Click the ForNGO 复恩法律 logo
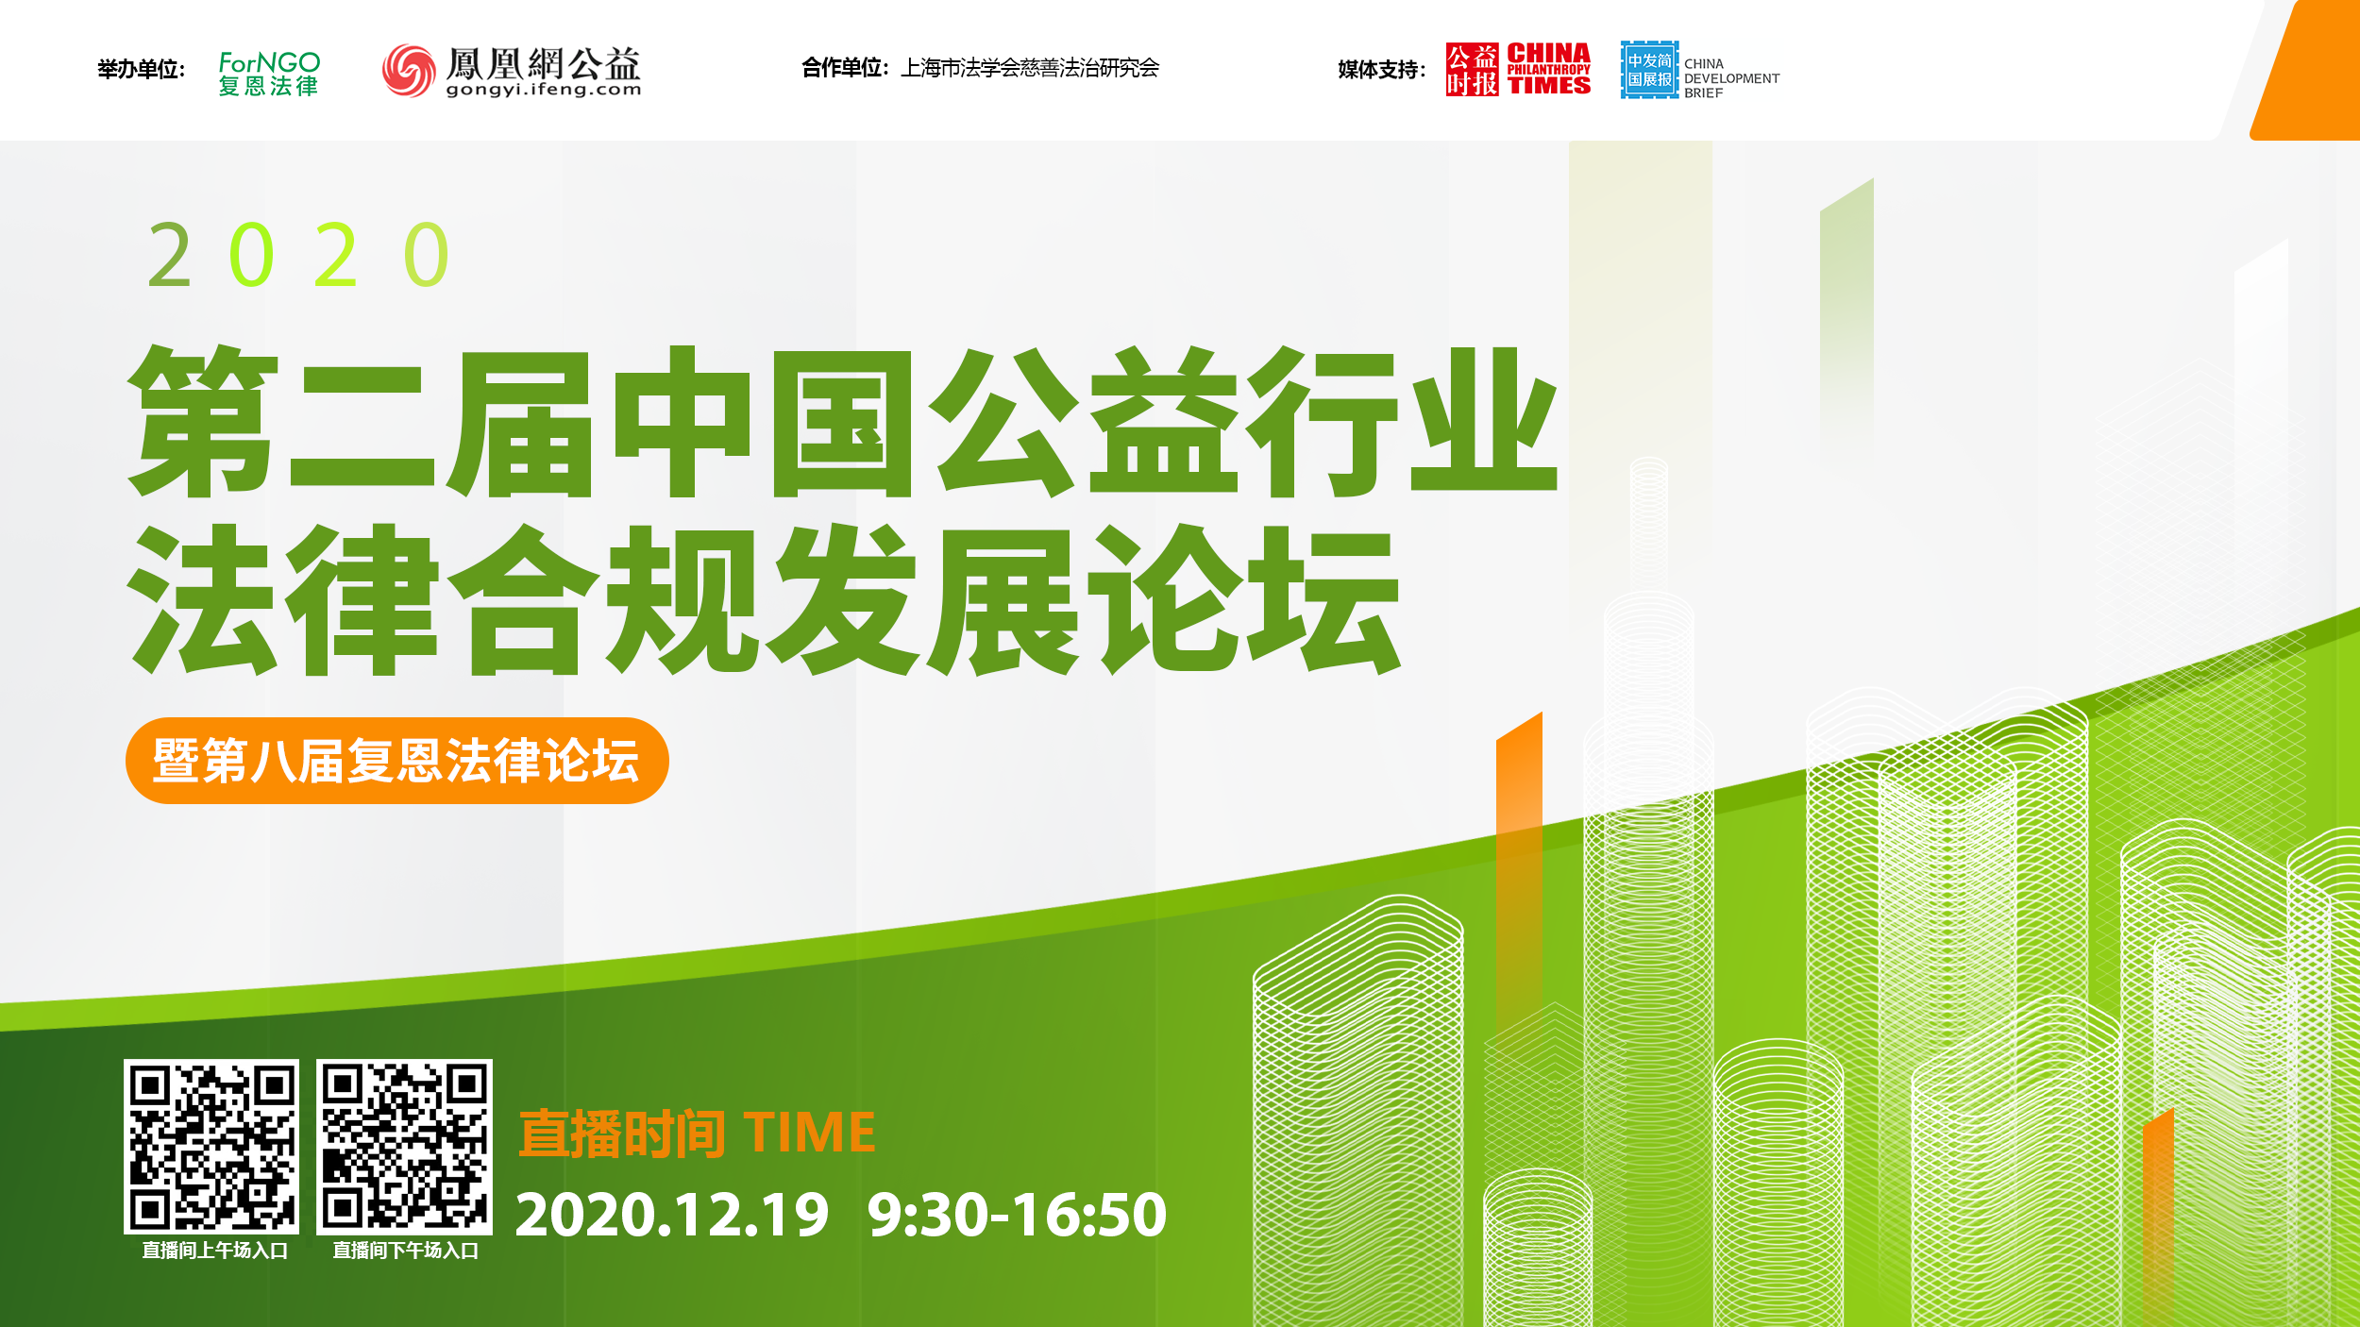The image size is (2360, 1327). (269, 73)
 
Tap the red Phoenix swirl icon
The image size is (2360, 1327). (409, 70)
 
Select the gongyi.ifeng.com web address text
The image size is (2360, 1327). (544, 91)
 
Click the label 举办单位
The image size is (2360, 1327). (142, 69)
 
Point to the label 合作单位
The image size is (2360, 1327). (845, 68)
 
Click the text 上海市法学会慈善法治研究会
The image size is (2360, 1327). (1030, 68)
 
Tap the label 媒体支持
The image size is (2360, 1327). (1381, 69)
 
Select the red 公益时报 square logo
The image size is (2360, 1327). (1472, 69)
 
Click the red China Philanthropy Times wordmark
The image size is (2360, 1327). (1548, 69)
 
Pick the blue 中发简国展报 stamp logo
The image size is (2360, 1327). (1649, 70)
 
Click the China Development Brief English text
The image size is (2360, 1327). (1731, 78)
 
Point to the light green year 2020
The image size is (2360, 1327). (298, 255)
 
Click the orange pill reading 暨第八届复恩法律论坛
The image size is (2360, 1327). (396, 761)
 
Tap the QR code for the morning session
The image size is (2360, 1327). (211, 1146)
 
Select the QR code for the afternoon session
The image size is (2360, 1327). (404, 1146)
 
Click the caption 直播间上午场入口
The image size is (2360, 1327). (214, 1251)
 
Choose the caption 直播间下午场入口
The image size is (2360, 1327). (405, 1251)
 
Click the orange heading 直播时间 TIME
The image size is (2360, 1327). (697, 1133)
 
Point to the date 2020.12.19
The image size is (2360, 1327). (672, 1215)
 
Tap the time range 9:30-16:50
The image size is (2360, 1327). (1017, 1215)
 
